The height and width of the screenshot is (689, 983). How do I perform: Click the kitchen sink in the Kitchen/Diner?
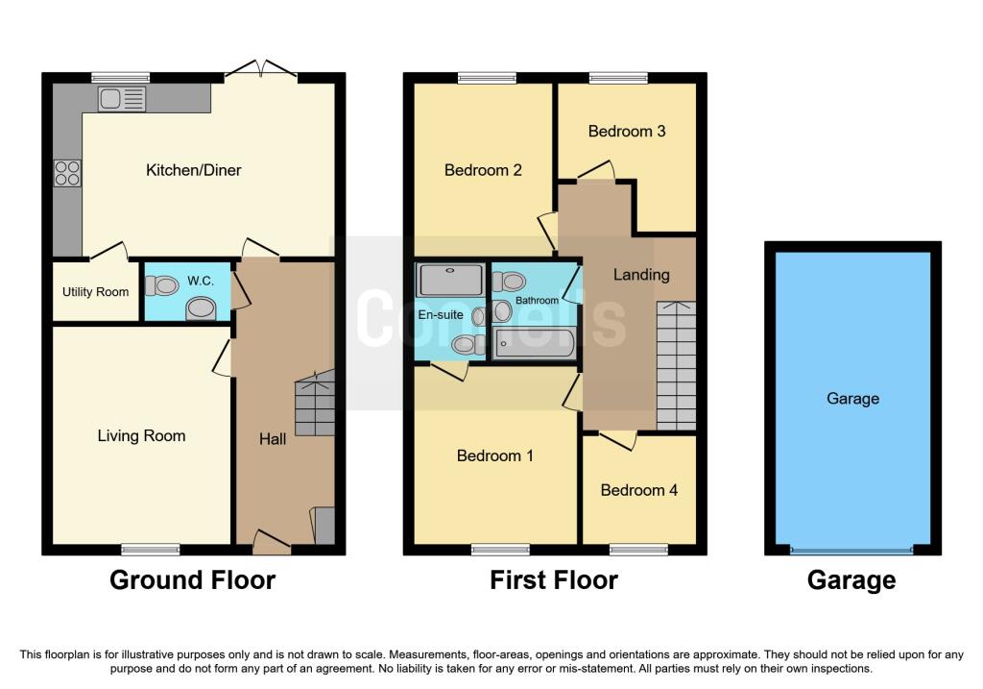pyautogui.click(x=122, y=98)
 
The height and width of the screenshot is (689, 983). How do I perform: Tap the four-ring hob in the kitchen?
pyautogui.click(x=67, y=173)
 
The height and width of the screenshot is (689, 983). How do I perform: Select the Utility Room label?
pyautogui.click(x=96, y=292)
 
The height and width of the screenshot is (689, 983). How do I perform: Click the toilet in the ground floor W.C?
pyautogui.click(x=163, y=284)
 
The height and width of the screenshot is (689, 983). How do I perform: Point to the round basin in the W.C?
pyautogui.click(x=202, y=308)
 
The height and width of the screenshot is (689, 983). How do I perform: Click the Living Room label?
pyautogui.click(x=141, y=436)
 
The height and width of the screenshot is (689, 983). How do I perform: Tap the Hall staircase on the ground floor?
pyautogui.click(x=315, y=404)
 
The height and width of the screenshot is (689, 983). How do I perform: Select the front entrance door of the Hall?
pyautogui.click(x=272, y=544)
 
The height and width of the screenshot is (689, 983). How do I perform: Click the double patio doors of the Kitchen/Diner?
pyautogui.click(x=260, y=70)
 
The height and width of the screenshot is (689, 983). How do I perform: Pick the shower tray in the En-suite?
pyautogui.click(x=450, y=280)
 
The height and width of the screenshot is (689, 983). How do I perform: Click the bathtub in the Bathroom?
pyautogui.click(x=534, y=343)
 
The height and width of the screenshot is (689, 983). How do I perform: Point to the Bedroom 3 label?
pyautogui.click(x=627, y=132)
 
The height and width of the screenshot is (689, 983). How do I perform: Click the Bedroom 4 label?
pyautogui.click(x=639, y=490)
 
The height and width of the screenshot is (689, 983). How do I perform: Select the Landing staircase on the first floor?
pyautogui.click(x=675, y=365)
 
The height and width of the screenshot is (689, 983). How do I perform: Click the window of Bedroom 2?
pyautogui.click(x=478, y=78)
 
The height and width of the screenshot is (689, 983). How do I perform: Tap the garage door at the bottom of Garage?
pyautogui.click(x=852, y=551)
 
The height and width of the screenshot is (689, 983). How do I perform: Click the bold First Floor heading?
pyautogui.click(x=554, y=580)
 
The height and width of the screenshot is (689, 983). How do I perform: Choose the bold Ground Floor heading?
pyautogui.click(x=192, y=580)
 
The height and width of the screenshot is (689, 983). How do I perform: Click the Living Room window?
pyautogui.click(x=151, y=550)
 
